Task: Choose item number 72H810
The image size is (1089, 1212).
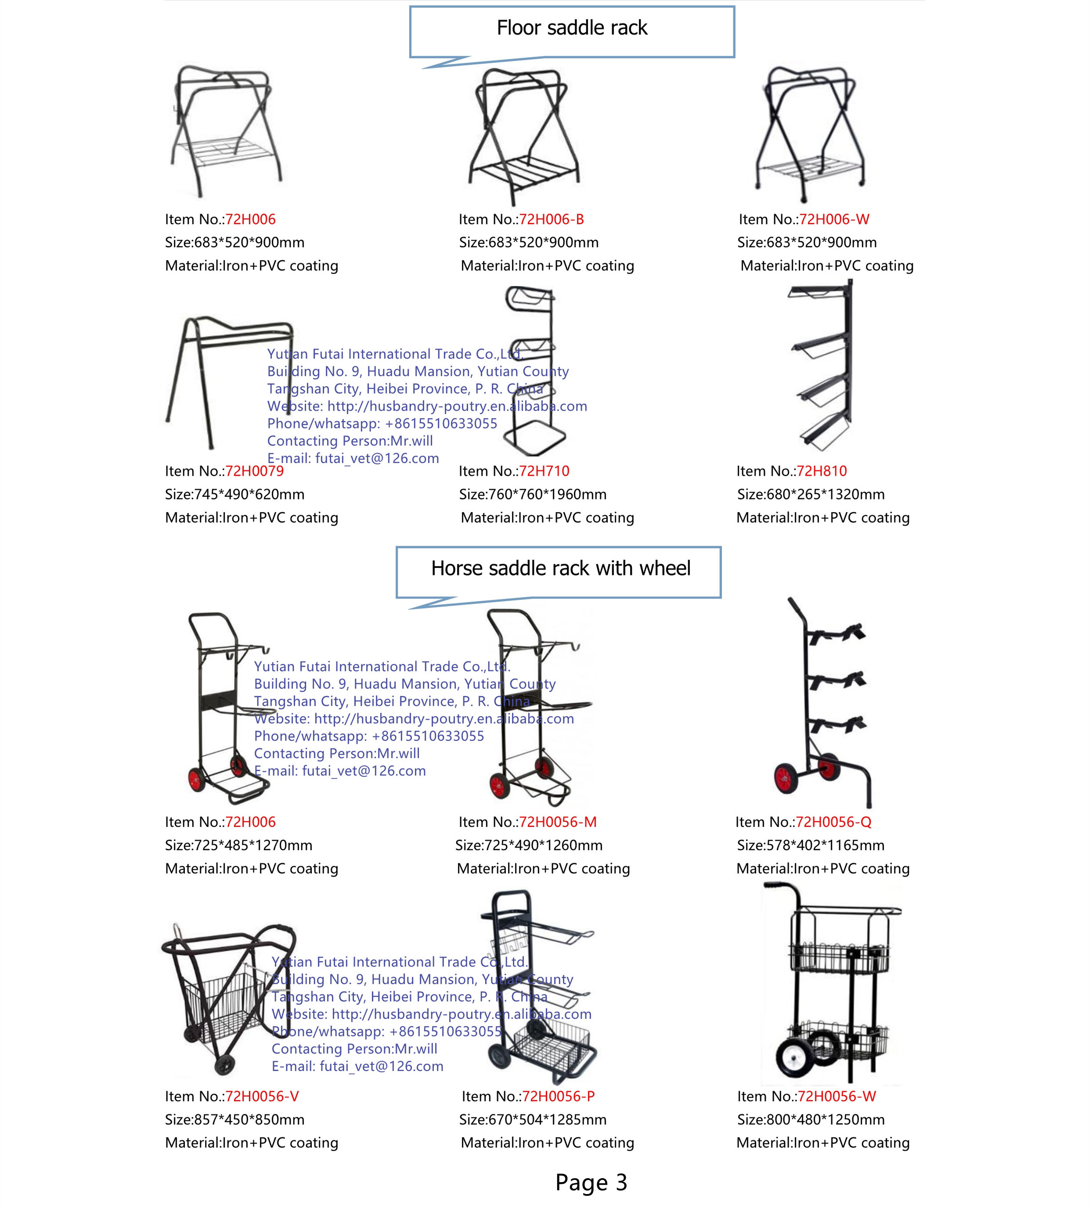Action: click(821, 471)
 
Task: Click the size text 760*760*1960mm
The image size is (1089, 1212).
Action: click(533, 495)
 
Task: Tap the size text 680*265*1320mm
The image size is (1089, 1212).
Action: click(811, 495)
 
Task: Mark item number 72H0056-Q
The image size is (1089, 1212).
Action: click(833, 822)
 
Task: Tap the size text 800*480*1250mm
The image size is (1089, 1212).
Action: click(811, 1119)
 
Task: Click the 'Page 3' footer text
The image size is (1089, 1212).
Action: click(591, 1182)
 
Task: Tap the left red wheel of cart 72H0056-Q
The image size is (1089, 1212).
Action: click(786, 779)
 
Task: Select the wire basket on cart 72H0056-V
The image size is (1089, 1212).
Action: click(223, 1005)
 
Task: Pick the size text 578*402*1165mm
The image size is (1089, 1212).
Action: click(811, 845)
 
